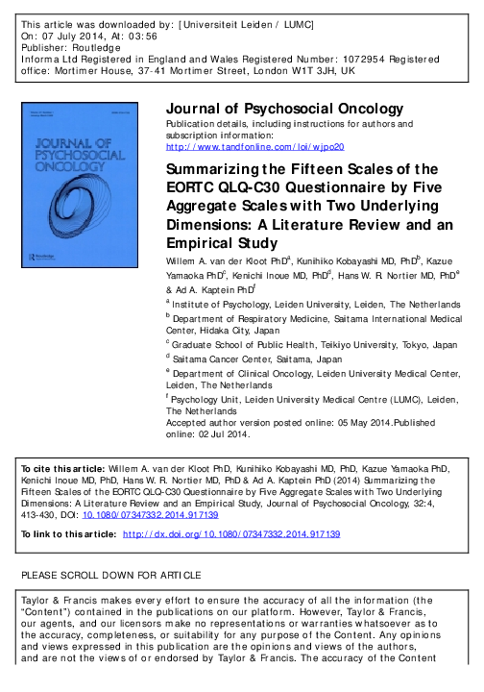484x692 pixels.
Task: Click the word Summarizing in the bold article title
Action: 222,167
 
